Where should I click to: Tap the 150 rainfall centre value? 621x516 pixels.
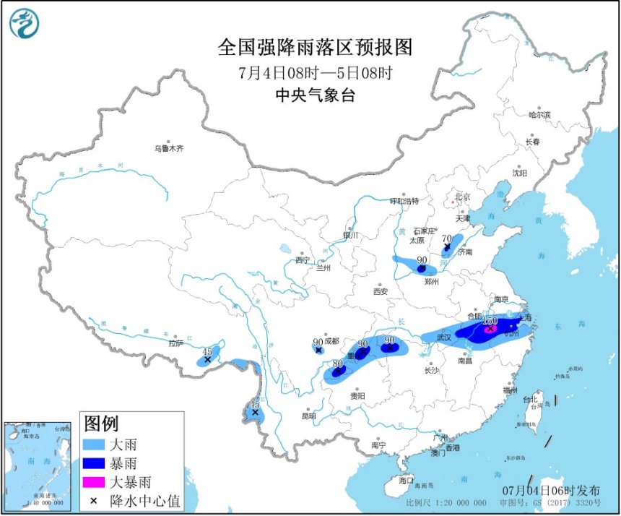pos(489,321)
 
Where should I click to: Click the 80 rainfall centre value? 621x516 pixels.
pos(336,364)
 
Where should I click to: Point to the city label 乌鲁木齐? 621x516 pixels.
pos(168,149)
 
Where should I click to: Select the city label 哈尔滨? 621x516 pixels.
pos(539,115)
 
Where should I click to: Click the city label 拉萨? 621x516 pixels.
pos(175,344)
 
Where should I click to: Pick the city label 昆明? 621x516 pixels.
pos(308,416)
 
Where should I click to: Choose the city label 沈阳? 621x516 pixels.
pos(519,173)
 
